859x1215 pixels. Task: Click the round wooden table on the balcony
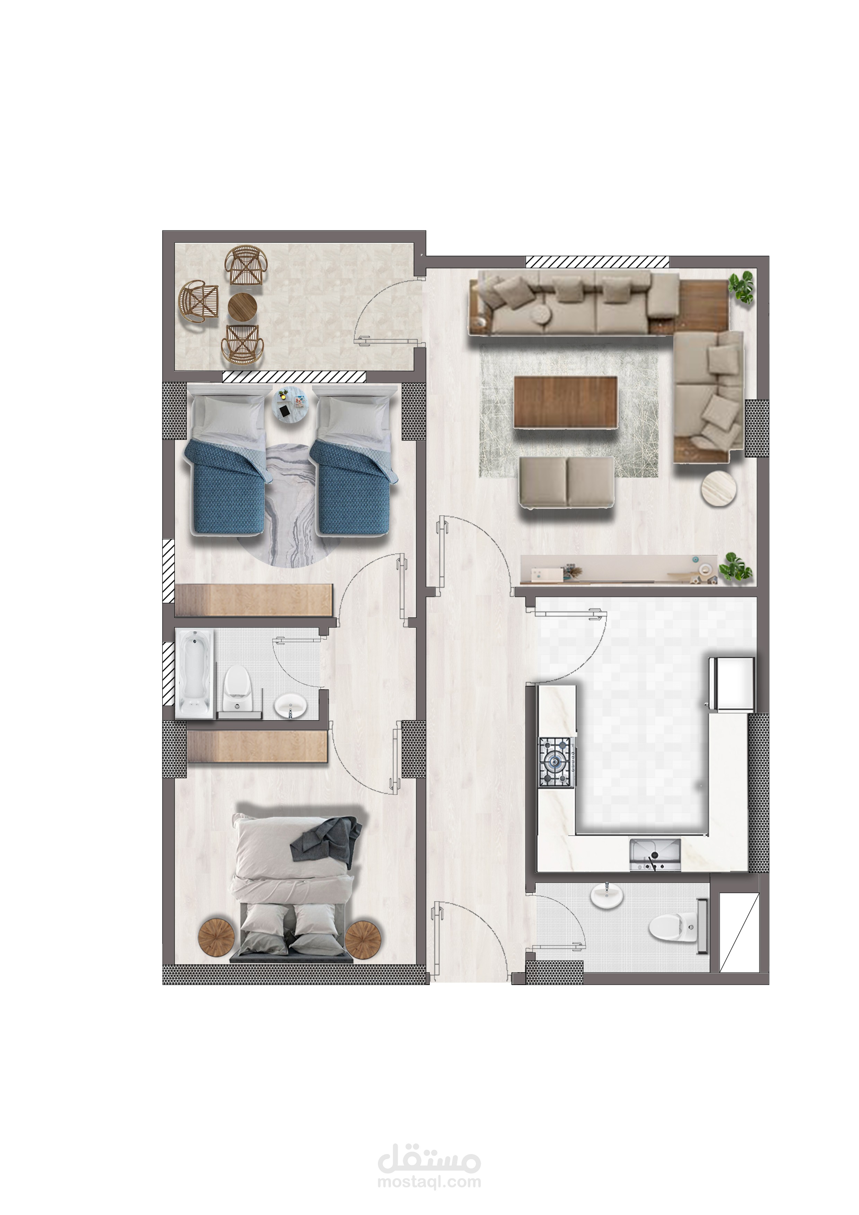click(x=242, y=307)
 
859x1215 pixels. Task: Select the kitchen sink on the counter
click(x=655, y=855)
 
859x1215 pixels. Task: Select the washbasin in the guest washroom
click(x=607, y=895)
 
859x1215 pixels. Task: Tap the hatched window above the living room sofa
click(x=597, y=261)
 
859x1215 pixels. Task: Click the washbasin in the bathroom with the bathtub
click(x=290, y=706)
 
